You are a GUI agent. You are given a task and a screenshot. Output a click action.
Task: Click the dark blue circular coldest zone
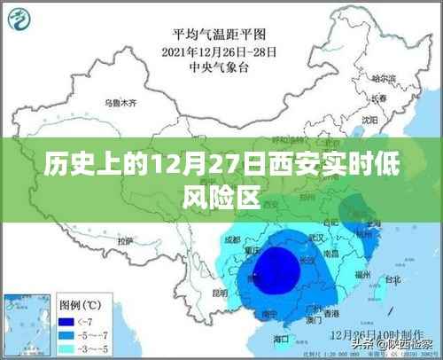(276, 269)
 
